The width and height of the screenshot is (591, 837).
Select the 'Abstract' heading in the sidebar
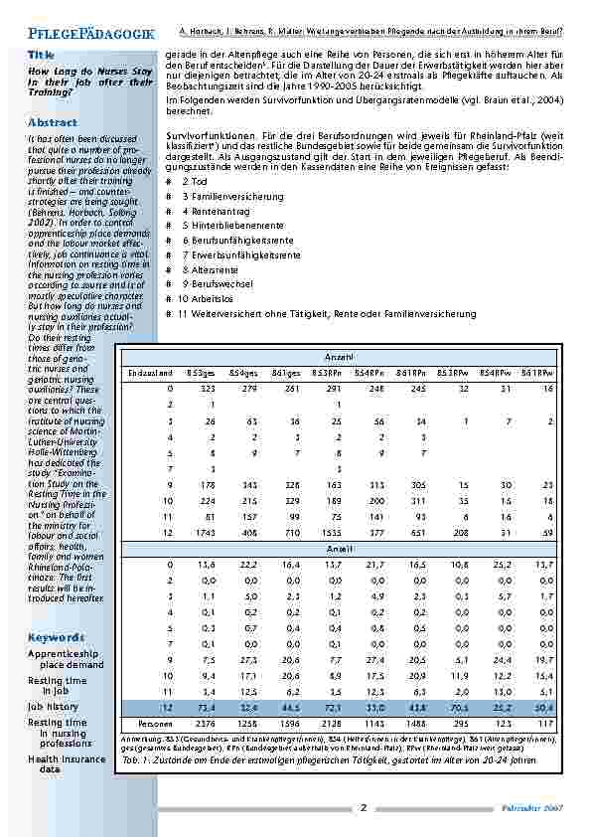(53, 122)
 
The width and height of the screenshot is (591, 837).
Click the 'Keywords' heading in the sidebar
(57, 637)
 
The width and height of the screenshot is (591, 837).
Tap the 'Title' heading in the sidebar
(42, 54)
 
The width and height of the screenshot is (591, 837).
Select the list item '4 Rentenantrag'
(209, 211)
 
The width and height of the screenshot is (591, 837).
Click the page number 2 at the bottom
(363, 807)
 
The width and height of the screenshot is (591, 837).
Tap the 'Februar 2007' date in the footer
(538, 808)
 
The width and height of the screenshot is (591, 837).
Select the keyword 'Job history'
(53, 706)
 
